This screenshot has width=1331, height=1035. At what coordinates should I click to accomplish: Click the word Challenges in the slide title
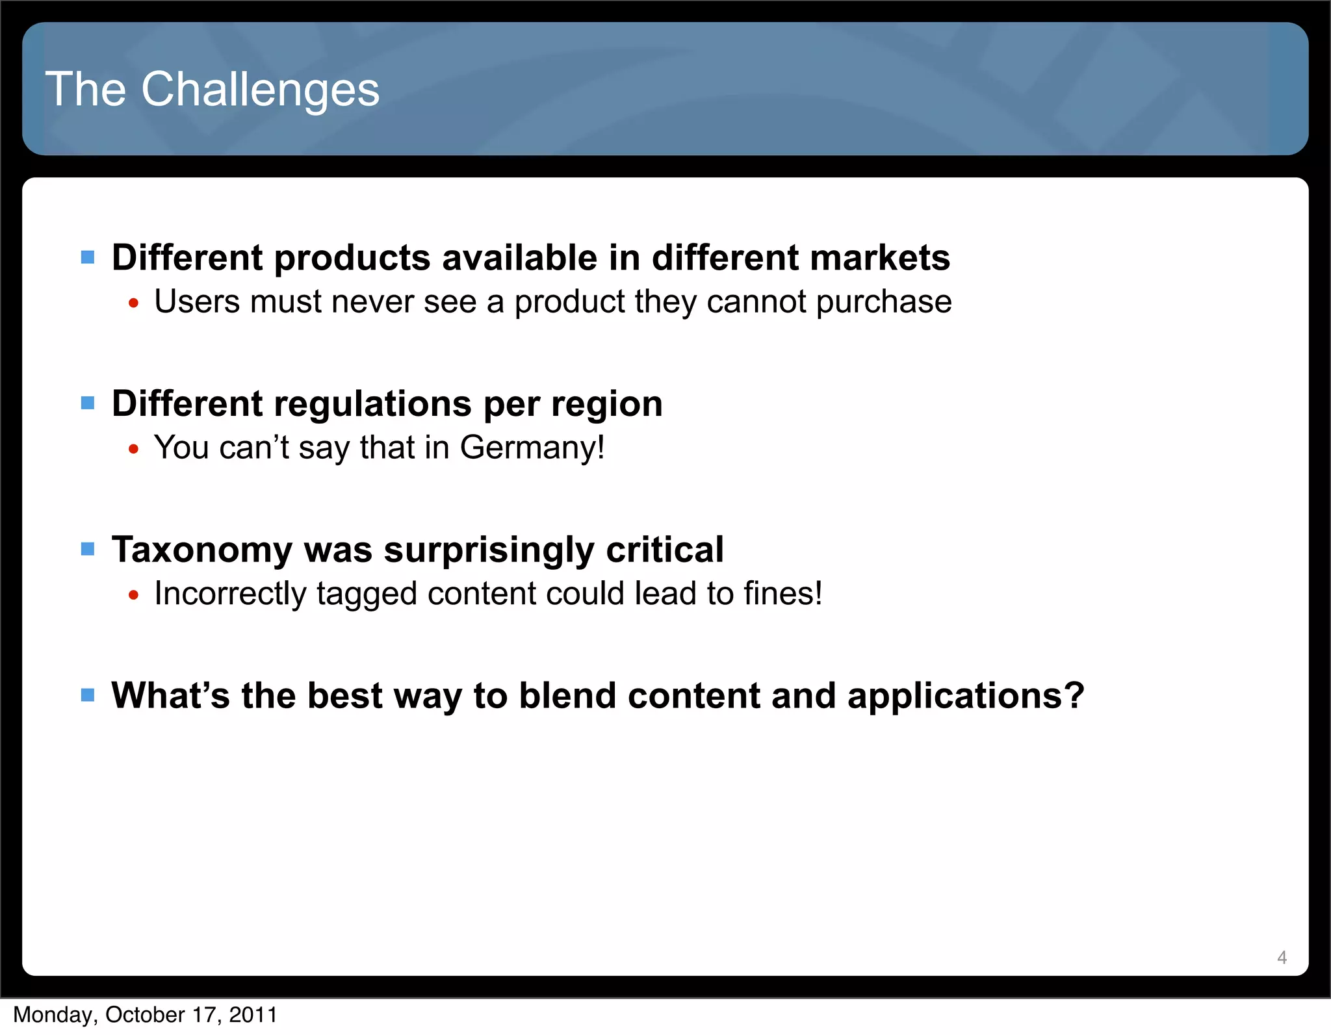(260, 90)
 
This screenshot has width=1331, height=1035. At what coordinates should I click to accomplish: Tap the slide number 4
(1282, 957)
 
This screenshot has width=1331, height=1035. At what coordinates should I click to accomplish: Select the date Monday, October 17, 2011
(146, 1014)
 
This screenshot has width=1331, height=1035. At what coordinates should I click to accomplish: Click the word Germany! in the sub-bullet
(532, 448)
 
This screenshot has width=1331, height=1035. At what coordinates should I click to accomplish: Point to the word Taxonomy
(202, 550)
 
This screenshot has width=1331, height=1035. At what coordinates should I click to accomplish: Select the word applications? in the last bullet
(966, 696)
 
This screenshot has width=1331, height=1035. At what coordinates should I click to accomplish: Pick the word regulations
(373, 403)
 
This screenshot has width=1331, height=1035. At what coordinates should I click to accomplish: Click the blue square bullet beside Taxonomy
(88, 549)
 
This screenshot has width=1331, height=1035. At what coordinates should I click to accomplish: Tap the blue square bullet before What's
(88, 695)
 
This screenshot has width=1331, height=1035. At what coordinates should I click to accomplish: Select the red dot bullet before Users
(134, 303)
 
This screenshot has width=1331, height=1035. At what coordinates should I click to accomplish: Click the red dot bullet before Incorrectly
(134, 594)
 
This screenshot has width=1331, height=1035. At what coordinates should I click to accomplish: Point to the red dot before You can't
(134, 448)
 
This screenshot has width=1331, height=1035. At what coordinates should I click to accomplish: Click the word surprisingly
(489, 550)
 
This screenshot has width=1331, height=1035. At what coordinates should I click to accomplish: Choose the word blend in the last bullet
(567, 696)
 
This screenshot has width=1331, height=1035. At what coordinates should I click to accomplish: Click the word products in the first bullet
(352, 258)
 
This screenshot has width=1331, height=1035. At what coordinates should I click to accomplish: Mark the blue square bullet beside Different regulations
(88, 403)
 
